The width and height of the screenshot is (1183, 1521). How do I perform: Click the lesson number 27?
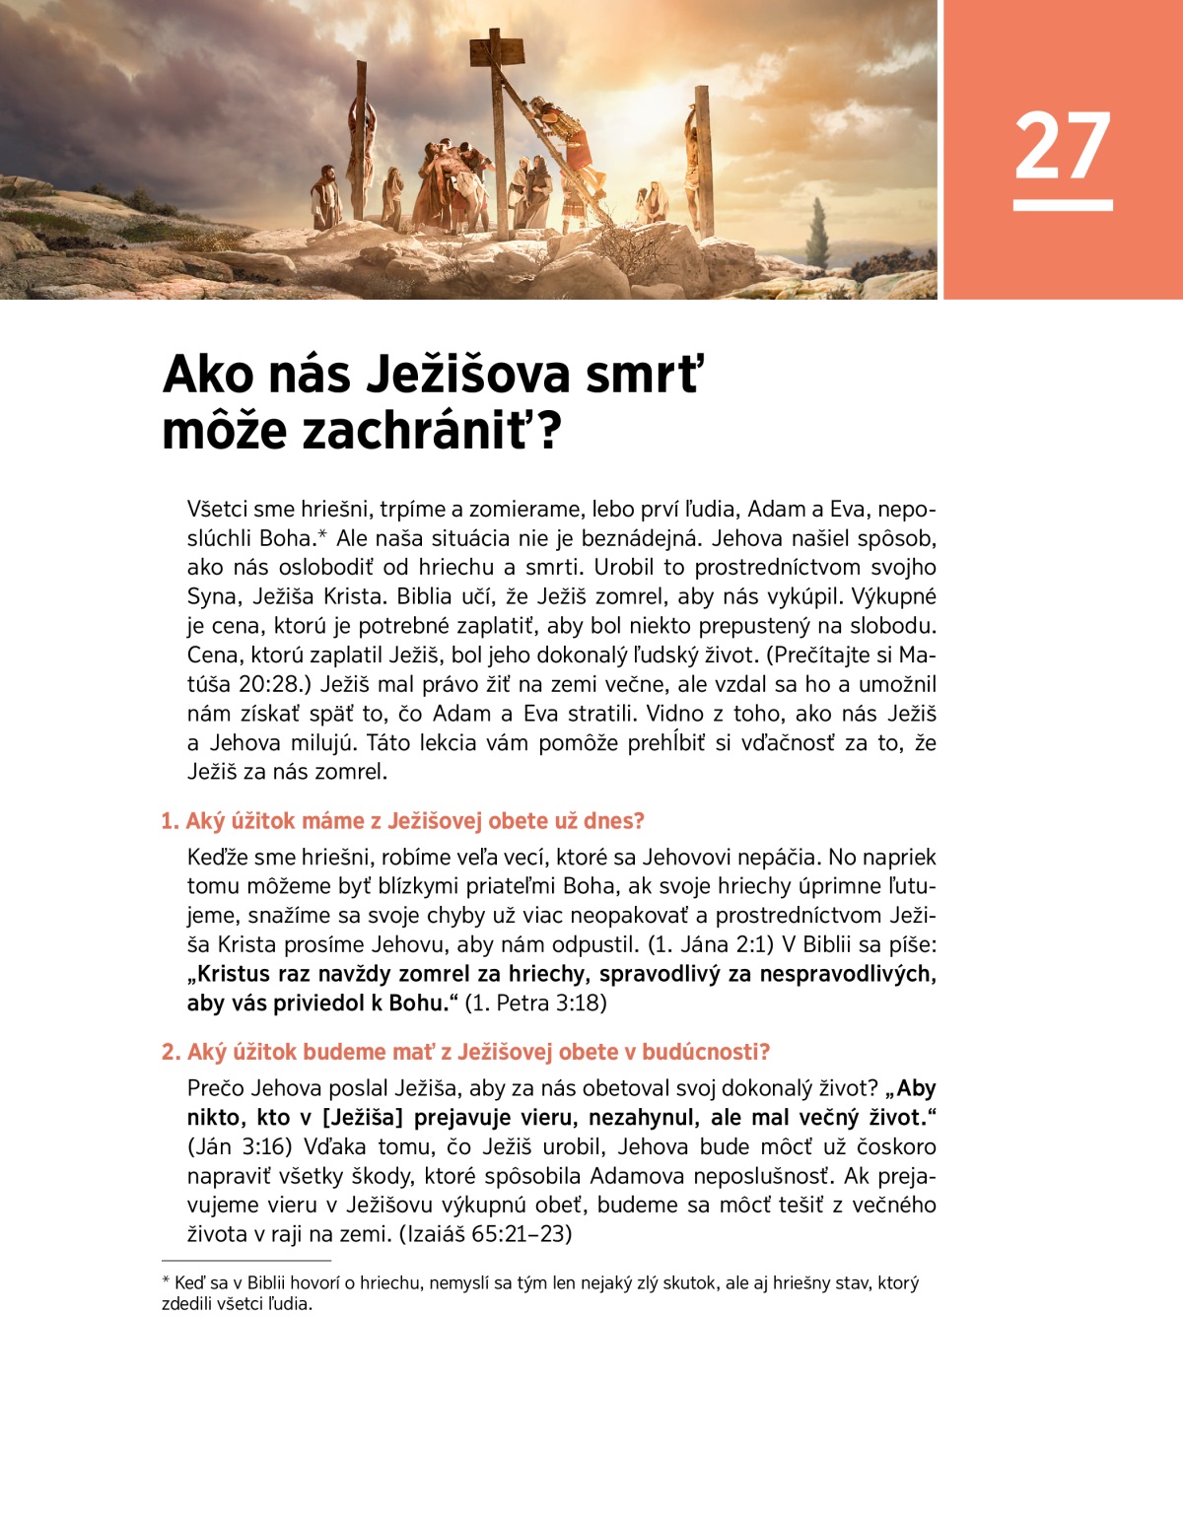(1062, 145)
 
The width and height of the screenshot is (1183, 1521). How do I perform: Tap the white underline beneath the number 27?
(1062, 205)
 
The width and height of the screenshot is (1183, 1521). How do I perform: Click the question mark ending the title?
(548, 432)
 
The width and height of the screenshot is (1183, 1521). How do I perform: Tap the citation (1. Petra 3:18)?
(535, 1003)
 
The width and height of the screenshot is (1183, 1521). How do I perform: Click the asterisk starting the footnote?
(166, 1282)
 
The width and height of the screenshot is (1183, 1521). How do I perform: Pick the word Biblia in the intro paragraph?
(429, 597)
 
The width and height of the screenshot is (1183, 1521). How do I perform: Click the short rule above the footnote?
(245, 1261)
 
